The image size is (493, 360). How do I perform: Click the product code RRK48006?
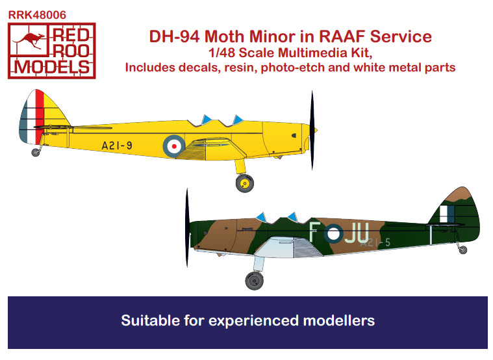coord(37,15)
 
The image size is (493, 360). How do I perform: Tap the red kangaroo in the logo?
coord(29,40)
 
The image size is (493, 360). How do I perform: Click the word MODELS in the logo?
coord(52,67)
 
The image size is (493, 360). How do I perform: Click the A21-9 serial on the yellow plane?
coord(117,146)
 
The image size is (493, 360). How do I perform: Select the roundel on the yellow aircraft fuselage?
coord(174,146)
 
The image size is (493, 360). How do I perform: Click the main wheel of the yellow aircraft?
coord(245,183)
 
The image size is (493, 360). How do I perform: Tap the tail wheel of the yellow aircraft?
coord(36,152)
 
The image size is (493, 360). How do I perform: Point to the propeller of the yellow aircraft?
coord(312,130)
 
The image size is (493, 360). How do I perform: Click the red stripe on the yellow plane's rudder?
coord(40,116)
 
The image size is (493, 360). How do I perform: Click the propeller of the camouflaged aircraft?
coord(187,228)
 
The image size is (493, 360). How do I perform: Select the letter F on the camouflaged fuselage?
coord(314,232)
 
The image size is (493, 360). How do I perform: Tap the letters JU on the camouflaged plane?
coord(357,233)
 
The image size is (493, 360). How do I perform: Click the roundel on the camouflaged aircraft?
coord(334,233)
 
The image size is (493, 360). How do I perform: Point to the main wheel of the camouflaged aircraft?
coord(255,280)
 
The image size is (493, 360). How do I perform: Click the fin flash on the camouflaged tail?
coord(447,214)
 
